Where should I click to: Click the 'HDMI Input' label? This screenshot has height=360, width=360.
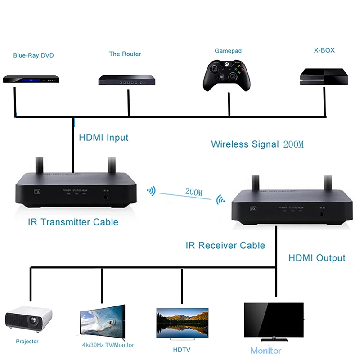click(103, 138)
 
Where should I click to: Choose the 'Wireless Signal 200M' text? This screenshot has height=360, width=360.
click(257, 144)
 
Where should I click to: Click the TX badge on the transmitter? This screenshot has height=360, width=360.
click(37, 191)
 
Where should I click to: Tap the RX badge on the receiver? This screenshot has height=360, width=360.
click(253, 209)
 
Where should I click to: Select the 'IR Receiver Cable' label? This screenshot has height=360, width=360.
click(225, 246)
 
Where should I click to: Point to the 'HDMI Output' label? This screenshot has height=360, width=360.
click(317, 258)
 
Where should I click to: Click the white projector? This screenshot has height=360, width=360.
click(28, 320)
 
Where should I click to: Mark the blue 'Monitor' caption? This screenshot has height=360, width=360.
click(266, 351)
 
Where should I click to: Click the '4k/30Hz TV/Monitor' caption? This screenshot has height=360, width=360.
click(101, 345)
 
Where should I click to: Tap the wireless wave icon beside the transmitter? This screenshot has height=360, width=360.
click(151, 191)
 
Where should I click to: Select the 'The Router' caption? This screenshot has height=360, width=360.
click(125, 54)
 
